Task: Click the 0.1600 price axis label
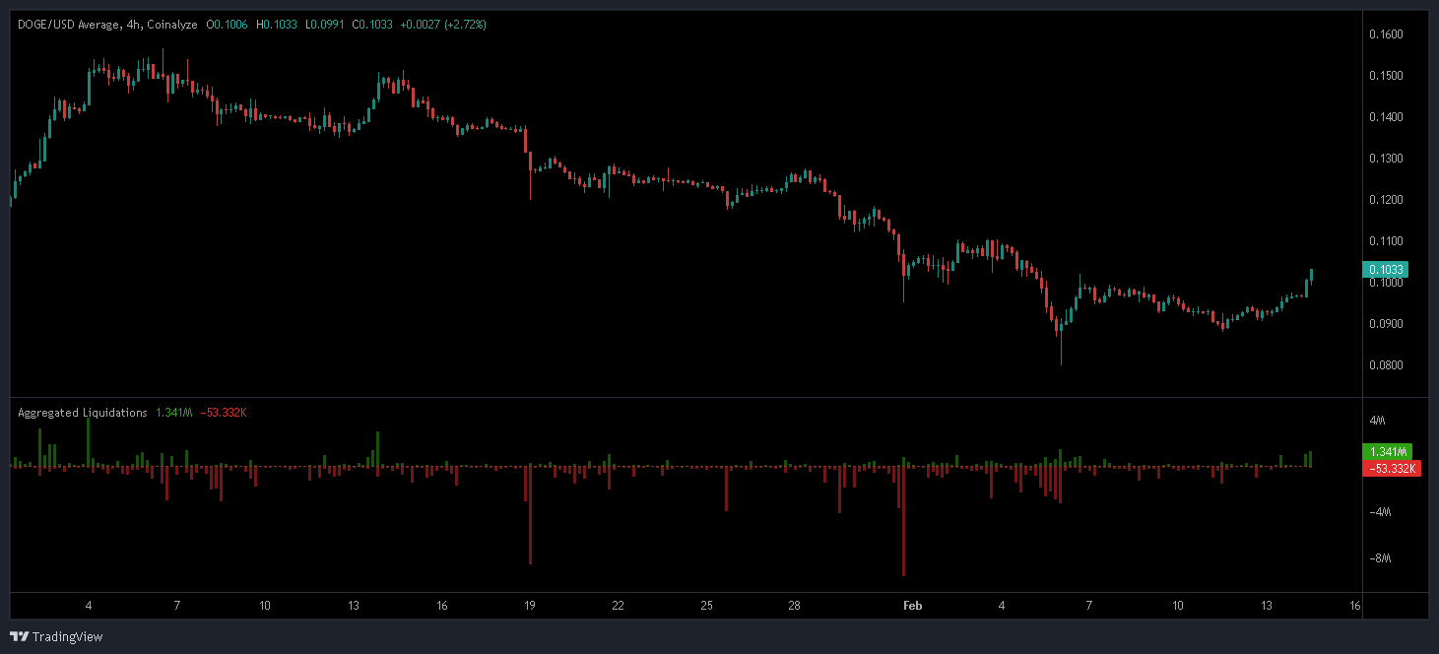click(x=1386, y=34)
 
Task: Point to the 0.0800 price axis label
click(x=1386, y=365)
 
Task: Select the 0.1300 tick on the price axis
click(x=1386, y=159)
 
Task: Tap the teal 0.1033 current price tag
click(x=1385, y=269)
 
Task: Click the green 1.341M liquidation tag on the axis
click(x=1387, y=451)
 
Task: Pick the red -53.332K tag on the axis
click(x=1390, y=468)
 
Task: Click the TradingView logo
click(x=56, y=636)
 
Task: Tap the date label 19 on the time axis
click(x=530, y=605)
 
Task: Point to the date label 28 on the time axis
click(x=795, y=605)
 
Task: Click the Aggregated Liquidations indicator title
click(x=83, y=413)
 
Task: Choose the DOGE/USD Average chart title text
click(x=68, y=24)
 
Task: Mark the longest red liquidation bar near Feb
click(x=903, y=522)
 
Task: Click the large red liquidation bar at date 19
click(x=530, y=514)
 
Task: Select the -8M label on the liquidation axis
click(x=1381, y=558)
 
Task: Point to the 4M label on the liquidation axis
click(x=1378, y=421)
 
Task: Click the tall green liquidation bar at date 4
click(x=89, y=441)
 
